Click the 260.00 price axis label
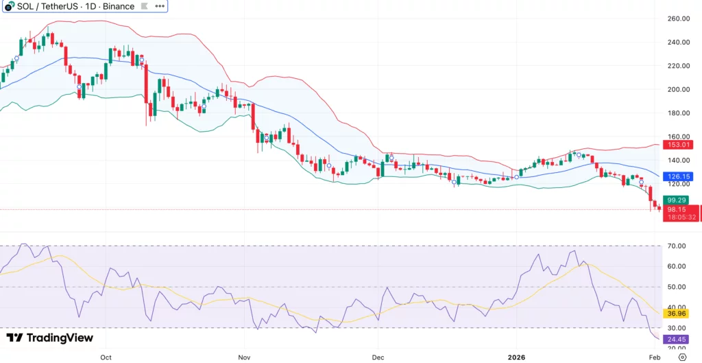click(678, 19)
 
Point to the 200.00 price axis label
click(678, 89)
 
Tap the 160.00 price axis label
click(678, 137)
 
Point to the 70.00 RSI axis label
click(678, 246)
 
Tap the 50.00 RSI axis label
click(678, 287)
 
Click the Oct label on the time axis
click(106, 358)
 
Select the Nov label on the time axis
click(243, 358)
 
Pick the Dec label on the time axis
click(377, 358)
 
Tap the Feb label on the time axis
click(654, 358)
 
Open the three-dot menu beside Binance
click(159, 6)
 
